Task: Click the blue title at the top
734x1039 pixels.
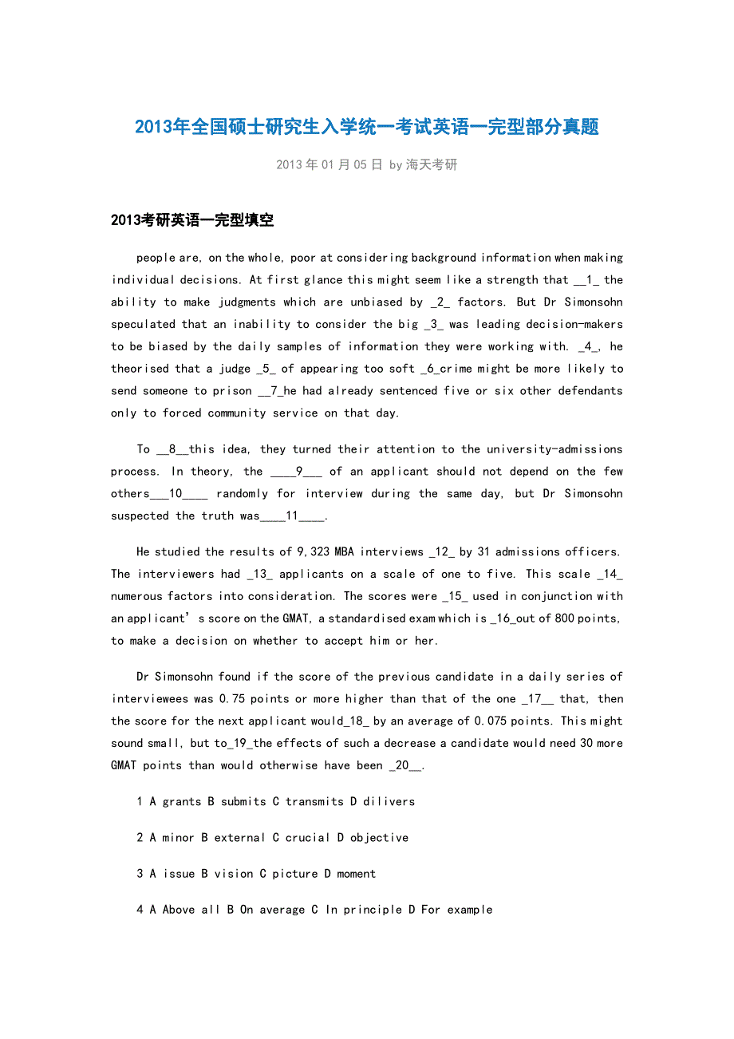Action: pos(367,127)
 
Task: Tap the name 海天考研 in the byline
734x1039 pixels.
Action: pos(432,165)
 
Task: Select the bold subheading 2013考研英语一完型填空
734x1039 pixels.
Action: pos(192,220)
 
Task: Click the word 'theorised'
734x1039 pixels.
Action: pos(140,369)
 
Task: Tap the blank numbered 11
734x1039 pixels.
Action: pos(293,516)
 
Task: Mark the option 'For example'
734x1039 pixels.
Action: pos(456,910)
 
